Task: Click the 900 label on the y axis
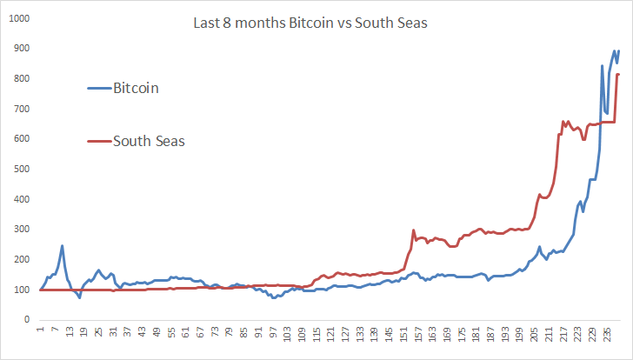(x=20, y=50)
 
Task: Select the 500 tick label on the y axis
(x=20, y=170)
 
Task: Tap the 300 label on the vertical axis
(x=20, y=230)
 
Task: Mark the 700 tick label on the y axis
(x=20, y=110)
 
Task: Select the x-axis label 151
(x=403, y=335)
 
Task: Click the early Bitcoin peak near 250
(x=63, y=246)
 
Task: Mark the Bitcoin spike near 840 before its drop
(x=603, y=66)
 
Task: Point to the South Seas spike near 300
(x=413, y=230)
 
